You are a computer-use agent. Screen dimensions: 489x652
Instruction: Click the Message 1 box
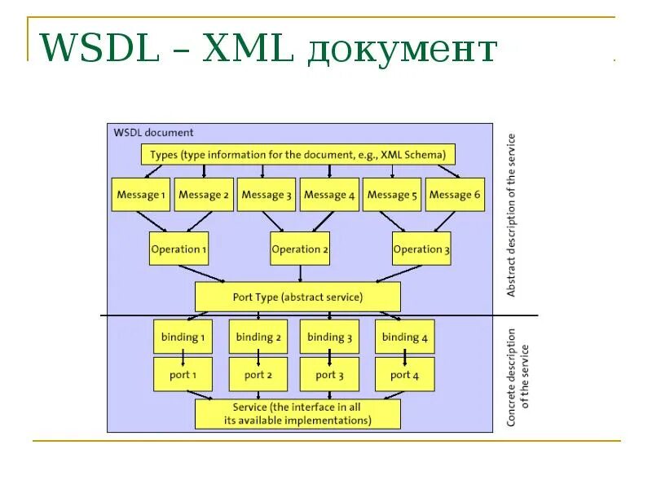pos(141,195)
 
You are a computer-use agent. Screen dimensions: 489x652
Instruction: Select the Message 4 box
pos(329,195)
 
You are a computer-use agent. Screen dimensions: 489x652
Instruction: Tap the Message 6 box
pos(455,195)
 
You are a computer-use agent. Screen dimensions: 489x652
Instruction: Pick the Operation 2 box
pos(300,249)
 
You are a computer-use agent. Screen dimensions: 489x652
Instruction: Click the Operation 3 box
pos(421,249)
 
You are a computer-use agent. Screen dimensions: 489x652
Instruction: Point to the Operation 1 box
pos(178,249)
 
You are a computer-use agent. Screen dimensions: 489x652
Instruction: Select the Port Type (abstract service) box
pos(297,297)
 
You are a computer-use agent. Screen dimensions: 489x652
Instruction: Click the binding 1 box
pos(182,337)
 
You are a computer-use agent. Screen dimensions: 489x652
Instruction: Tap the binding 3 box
pos(329,337)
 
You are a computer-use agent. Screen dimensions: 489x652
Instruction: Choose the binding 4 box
pos(404,337)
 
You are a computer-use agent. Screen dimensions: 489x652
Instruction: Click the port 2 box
pos(258,374)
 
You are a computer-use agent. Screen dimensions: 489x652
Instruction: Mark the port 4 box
pos(404,374)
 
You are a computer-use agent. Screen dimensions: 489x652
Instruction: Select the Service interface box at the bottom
pos(297,414)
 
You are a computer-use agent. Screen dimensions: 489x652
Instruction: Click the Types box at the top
pos(298,154)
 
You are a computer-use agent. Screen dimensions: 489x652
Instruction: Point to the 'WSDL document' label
pos(153,132)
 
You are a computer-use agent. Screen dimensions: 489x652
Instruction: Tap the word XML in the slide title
pos(248,48)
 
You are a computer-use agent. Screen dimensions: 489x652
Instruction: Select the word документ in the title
pos(402,51)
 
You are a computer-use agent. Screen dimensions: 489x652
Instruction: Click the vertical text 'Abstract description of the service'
pos(512,215)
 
